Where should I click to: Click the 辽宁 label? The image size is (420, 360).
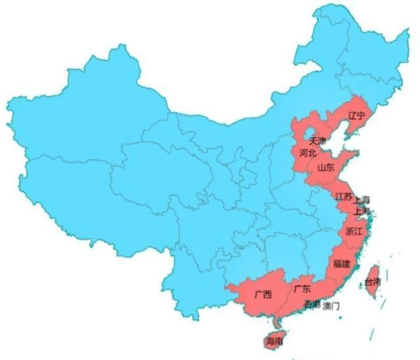[x=356, y=116]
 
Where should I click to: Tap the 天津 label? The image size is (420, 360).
[x=317, y=141]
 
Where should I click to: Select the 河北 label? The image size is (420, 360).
[x=307, y=153]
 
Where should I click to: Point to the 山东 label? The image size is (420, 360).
[x=325, y=168]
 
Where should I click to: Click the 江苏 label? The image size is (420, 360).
[x=343, y=197]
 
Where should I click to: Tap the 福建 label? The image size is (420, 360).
[x=341, y=264]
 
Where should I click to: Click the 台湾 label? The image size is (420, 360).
[x=372, y=283]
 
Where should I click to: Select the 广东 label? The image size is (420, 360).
[x=302, y=289]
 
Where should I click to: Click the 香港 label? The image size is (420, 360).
[x=312, y=306]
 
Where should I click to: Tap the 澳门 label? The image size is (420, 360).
[x=332, y=306]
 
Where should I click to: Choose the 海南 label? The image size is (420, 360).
[x=274, y=342]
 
